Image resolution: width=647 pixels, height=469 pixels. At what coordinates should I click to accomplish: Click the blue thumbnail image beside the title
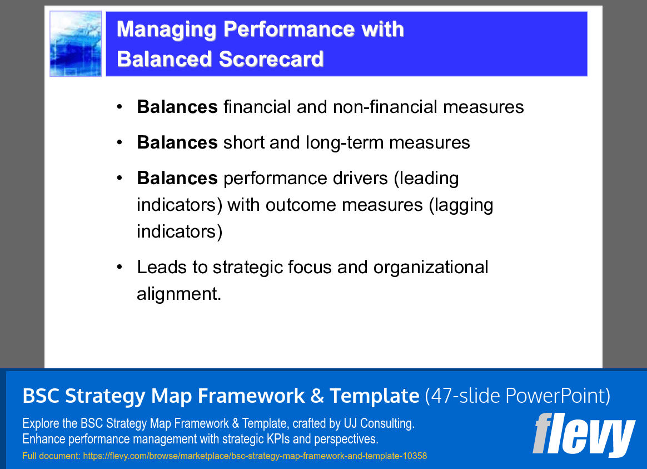click(x=76, y=44)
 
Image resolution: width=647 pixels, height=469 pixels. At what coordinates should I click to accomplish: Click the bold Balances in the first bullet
click(x=177, y=107)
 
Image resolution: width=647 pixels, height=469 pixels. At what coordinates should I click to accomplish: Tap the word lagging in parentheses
click(x=461, y=205)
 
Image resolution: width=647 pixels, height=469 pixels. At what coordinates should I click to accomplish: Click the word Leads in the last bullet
click(x=162, y=268)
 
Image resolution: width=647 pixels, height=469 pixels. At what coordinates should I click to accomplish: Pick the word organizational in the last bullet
click(x=431, y=268)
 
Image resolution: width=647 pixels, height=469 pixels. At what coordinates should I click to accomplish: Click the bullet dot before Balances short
click(x=120, y=143)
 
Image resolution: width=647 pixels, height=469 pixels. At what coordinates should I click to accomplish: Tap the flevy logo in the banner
click(x=584, y=436)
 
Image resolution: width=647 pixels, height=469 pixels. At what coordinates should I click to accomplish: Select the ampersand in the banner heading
click(x=317, y=397)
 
